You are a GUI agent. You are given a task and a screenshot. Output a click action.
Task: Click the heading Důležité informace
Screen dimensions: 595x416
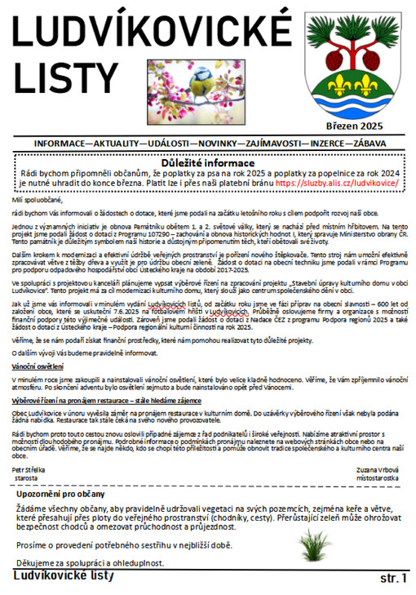[209, 162]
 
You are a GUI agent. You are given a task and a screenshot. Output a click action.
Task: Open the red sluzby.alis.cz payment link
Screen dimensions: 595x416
[337, 184]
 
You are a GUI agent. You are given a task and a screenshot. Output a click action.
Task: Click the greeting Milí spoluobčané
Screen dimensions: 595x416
[40, 198]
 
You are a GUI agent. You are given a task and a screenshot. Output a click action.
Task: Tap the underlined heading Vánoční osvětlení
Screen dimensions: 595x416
[35, 367]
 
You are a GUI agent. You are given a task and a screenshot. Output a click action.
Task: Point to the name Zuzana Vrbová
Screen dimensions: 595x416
[378, 470]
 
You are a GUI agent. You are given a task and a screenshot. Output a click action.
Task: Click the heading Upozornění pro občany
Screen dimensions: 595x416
[72, 495]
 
